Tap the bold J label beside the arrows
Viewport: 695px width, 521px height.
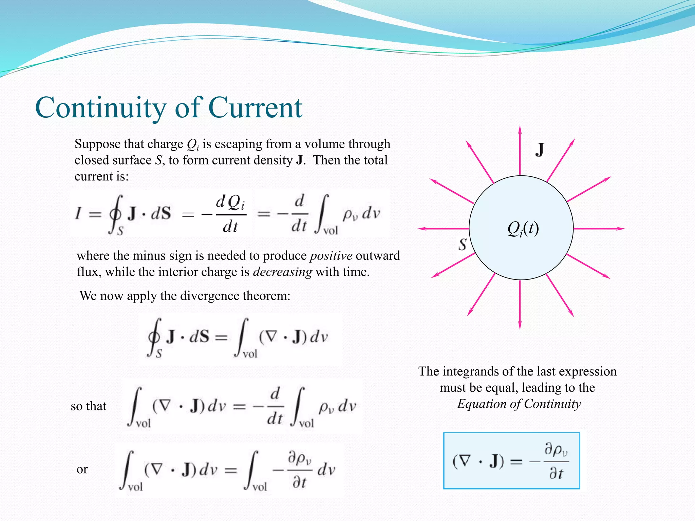pyautogui.click(x=540, y=150)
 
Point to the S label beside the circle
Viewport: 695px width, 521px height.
pyautogui.click(x=463, y=244)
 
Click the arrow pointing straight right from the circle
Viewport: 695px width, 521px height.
pyautogui.click(x=599, y=229)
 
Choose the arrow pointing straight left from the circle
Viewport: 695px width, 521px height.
pyautogui.click(x=443, y=229)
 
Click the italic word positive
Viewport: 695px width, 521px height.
pyautogui.click(x=331, y=255)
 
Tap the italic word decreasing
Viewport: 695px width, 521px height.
pyautogui.click(x=282, y=272)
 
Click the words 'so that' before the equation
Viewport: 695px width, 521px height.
pyautogui.click(x=89, y=406)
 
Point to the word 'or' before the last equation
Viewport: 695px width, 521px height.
pyautogui.click(x=82, y=469)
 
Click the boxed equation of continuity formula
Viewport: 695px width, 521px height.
pyautogui.click(x=511, y=461)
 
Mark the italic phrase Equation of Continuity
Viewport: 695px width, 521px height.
pyautogui.click(x=519, y=404)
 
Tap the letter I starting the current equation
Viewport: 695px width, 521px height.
pyautogui.click(x=78, y=213)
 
